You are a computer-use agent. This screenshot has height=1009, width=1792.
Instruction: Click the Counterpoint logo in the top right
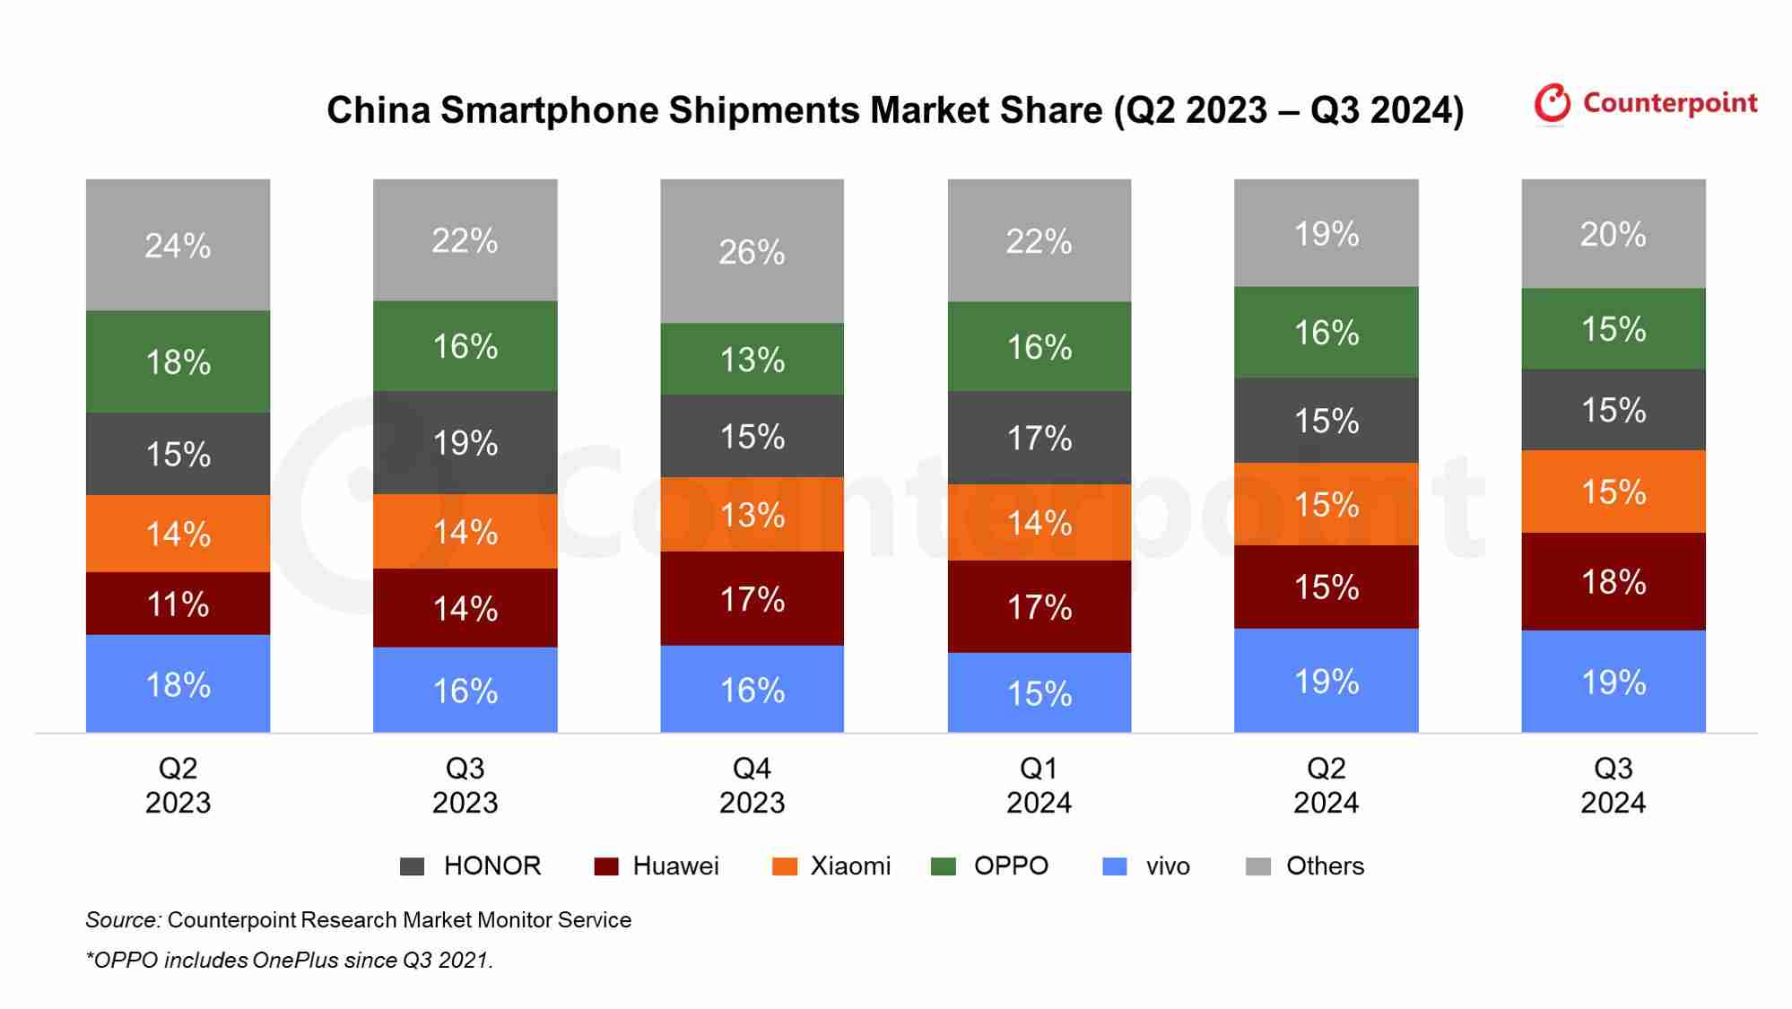(1644, 104)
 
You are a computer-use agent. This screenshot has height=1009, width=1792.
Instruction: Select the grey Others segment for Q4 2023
(752, 251)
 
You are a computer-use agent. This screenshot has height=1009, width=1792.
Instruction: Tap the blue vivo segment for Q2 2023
(178, 684)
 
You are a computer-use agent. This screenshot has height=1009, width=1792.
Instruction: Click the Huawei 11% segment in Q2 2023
(178, 604)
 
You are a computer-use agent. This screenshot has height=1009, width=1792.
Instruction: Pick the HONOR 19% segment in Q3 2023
(465, 442)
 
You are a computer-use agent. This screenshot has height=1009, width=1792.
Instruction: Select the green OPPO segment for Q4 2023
(752, 359)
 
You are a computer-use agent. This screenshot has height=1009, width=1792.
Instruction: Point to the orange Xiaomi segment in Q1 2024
(1039, 523)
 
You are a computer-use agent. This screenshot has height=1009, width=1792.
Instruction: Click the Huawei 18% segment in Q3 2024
(1613, 581)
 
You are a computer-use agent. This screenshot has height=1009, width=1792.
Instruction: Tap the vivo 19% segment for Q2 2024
(1326, 681)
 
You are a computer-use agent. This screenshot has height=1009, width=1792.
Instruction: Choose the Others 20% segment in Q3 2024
(1613, 233)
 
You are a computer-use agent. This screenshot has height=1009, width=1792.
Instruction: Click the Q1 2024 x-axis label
(1039, 785)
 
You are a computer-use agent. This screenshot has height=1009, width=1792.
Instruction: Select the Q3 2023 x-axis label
(465, 785)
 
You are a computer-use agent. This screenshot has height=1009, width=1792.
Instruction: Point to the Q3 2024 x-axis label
(1613, 785)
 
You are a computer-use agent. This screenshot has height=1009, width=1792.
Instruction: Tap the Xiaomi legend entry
(832, 865)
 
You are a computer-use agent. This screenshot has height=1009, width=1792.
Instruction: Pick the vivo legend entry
(1147, 865)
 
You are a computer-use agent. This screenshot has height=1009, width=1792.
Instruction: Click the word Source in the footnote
(123, 919)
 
